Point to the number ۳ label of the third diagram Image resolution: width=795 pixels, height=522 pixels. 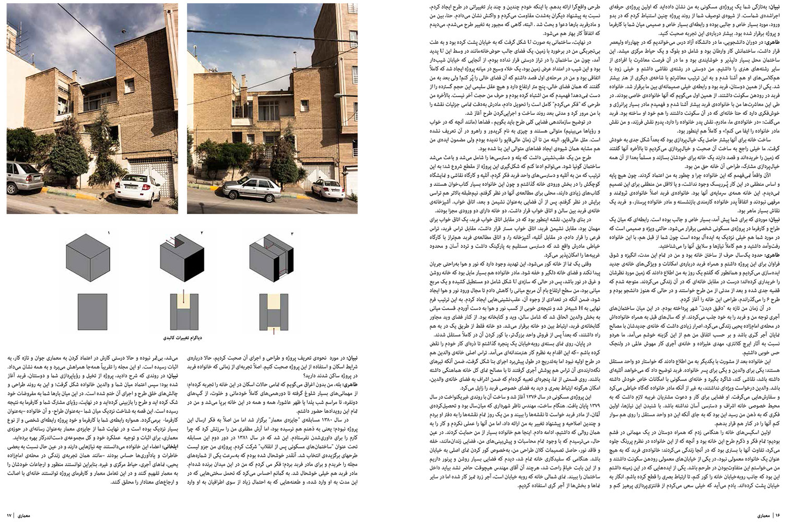point(293,232)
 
